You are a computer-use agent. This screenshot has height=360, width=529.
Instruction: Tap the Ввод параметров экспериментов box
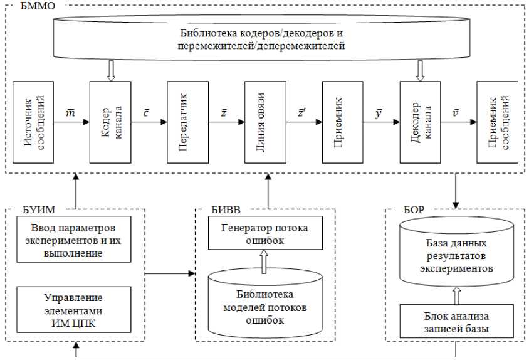pos(73,239)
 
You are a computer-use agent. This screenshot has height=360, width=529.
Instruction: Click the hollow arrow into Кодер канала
pos(111,71)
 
